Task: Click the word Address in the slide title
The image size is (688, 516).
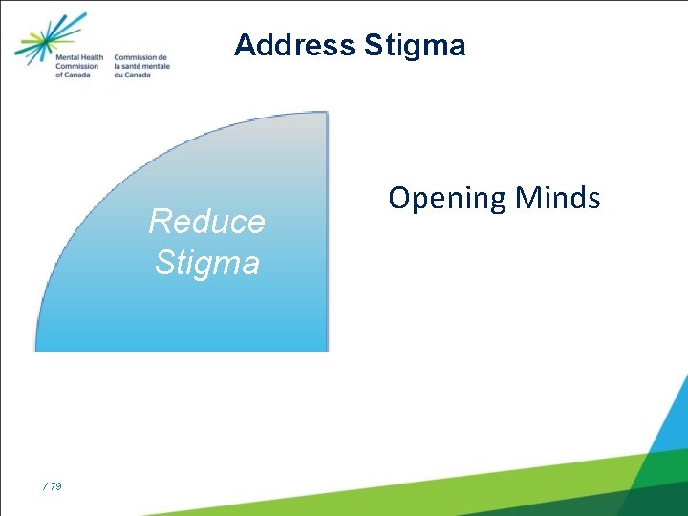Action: tap(293, 45)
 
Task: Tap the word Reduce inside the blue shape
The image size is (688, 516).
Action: tap(206, 222)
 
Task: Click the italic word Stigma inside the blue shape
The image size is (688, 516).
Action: tap(206, 262)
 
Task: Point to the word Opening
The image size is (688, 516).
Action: tap(446, 198)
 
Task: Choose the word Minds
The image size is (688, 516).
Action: tap(558, 198)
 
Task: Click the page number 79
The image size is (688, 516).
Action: tap(55, 487)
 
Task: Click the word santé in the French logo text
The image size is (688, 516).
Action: tap(133, 67)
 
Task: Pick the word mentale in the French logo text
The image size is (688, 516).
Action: tap(158, 67)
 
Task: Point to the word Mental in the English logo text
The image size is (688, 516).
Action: tap(66, 58)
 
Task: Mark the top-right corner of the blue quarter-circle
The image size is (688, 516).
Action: tap(327, 113)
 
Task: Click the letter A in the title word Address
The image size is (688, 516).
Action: tap(244, 45)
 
